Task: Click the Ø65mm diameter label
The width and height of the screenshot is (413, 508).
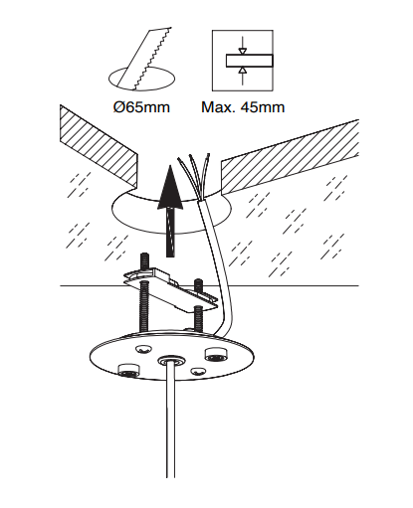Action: [x=141, y=107]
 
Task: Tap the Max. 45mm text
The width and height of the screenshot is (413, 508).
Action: [x=243, y=107]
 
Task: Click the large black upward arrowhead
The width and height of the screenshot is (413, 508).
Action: [x=170, y=187]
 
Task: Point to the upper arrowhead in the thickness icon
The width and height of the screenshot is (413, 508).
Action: [x=243, y=51]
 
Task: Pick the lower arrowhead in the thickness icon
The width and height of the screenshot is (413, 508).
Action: [x=243, y=71]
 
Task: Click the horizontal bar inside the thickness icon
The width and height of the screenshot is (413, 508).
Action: [x=250, y=61]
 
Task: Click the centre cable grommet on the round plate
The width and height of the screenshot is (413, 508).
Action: [x=169, y=360]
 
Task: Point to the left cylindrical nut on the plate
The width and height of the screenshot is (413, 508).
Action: [x=128, y=370]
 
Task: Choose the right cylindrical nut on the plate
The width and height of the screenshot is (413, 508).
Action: [x=216, y=354]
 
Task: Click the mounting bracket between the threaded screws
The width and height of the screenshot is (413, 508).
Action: [x=171, y=291]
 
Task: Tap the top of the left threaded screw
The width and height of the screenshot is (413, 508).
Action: [x=144, y=255]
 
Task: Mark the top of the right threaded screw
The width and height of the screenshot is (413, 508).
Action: [x=198, y=280]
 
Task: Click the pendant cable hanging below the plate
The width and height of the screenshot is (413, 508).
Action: [x=171, y=421]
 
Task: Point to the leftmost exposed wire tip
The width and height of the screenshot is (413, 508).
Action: [x=179, y=160]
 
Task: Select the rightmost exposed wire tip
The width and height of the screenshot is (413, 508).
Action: [x=208, y=155]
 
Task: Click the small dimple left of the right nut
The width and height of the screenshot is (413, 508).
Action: [x=143, y=349]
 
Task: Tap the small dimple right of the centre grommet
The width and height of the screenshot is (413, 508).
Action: [x=198, y=371]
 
